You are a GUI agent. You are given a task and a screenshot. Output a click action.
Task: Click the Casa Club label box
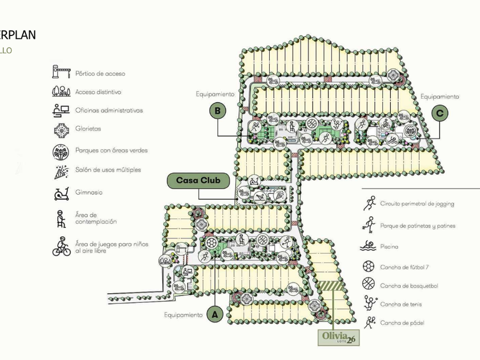(198, 181)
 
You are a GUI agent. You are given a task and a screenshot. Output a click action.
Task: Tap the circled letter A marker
(215, 314)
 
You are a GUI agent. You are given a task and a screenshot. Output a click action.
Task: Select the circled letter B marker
(217, 110)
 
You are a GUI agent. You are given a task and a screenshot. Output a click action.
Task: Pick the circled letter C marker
(439, 113)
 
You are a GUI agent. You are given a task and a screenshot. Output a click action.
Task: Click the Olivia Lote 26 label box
(339, 338)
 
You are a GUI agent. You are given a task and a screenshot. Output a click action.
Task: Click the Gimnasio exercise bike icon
(60, 193)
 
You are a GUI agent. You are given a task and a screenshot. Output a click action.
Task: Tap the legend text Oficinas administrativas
(109, 110)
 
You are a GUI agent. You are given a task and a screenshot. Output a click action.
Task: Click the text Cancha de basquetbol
(409, 285)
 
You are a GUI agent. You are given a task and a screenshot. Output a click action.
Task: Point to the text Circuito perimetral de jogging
(422, 203)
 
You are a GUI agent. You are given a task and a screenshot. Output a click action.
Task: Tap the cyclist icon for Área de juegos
(61, 247)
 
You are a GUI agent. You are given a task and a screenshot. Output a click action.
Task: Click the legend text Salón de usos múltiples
(108, 170)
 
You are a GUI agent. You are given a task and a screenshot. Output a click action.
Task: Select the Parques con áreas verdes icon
(60, 151)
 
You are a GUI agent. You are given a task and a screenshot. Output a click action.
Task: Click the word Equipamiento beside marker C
(440, 97)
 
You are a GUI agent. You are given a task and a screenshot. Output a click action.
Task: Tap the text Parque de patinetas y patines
(418, 226)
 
